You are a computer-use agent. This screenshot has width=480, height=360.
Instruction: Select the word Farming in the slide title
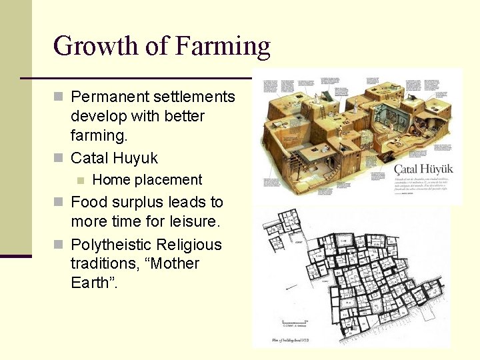pyautogui.click(x=223, y=47)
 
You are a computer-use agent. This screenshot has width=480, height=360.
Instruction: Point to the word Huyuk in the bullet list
pyautogui.click(x=135, y=158)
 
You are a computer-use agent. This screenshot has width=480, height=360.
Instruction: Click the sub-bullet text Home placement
pyautogui.click(x=147, y=179)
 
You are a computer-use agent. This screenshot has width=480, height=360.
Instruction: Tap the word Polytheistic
pyautogui.click(x=111, y=244)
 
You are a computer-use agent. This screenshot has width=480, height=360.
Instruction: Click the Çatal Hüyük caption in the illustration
pyautogui.click(x=423, y=169)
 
